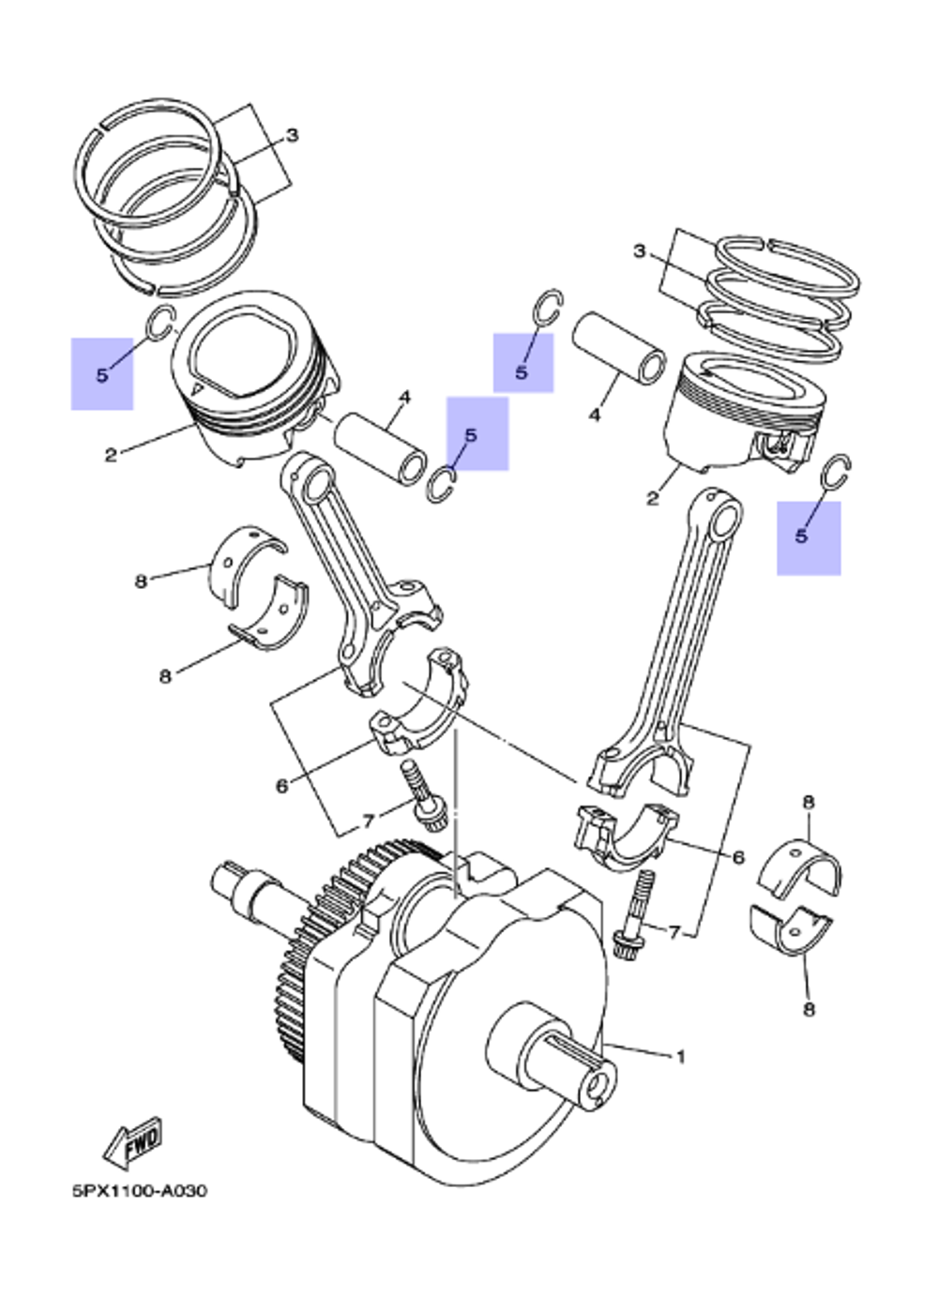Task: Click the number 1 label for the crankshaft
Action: point(681,1057)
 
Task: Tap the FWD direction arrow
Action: point(133,1141)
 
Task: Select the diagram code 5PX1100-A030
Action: point(139,1191)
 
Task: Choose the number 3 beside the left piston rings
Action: point(292,136)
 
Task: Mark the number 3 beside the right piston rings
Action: point(640,251)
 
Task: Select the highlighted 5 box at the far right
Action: point(808,537)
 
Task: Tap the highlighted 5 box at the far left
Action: point(102,374)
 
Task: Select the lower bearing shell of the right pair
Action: point(791,928)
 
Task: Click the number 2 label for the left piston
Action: point(111,456)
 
